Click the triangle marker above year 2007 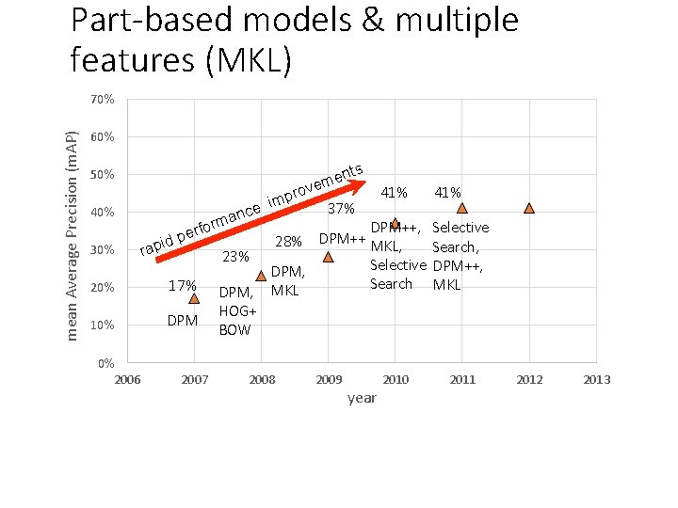(194, 298)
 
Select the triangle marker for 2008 (261, 276)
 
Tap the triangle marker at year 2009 (328, 256)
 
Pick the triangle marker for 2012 (529, 208)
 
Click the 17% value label (182, 286)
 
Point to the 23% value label (235, 257)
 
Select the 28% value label (288, 242)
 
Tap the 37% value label (341, 208)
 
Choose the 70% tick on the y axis (103, 99)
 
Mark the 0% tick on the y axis (105, 363)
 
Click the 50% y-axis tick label (103, 175)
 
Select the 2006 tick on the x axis (127, 379)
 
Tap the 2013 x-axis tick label (596, 379)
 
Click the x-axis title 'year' (362, 398)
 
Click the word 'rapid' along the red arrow (156, 245)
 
